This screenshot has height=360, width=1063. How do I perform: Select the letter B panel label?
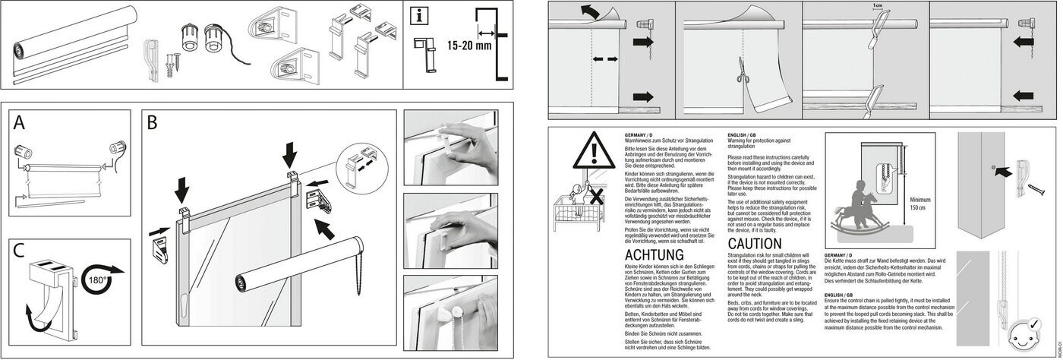coord(153,122)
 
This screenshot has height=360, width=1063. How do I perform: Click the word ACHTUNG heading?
coord(654,254)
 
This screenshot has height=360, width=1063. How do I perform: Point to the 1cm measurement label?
coord(878,5)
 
